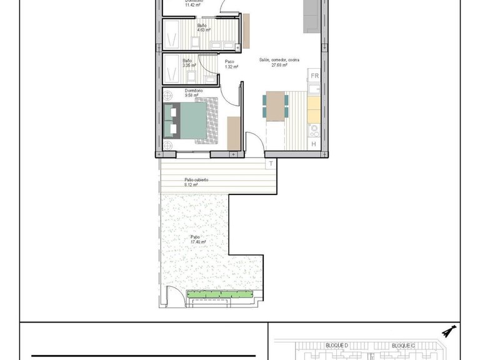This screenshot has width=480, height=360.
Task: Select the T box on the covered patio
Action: [271, 164]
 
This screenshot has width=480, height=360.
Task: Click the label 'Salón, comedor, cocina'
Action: [279, 60]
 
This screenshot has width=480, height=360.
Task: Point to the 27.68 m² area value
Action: [279, 65]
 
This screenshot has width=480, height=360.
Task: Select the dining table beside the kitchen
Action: [275, 106]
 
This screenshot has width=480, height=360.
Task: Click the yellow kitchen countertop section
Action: [314, 107]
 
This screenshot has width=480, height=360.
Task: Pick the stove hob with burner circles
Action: [314, 130]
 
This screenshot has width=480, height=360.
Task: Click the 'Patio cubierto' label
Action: [196, 180]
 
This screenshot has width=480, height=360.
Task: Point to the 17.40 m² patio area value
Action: [198, 242]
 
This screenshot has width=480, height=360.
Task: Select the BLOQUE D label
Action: [337, 345]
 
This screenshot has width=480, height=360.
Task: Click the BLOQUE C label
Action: [403, 345]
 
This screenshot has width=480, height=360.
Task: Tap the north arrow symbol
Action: [449, 330]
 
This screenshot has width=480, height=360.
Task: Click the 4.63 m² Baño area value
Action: [204, 30]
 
